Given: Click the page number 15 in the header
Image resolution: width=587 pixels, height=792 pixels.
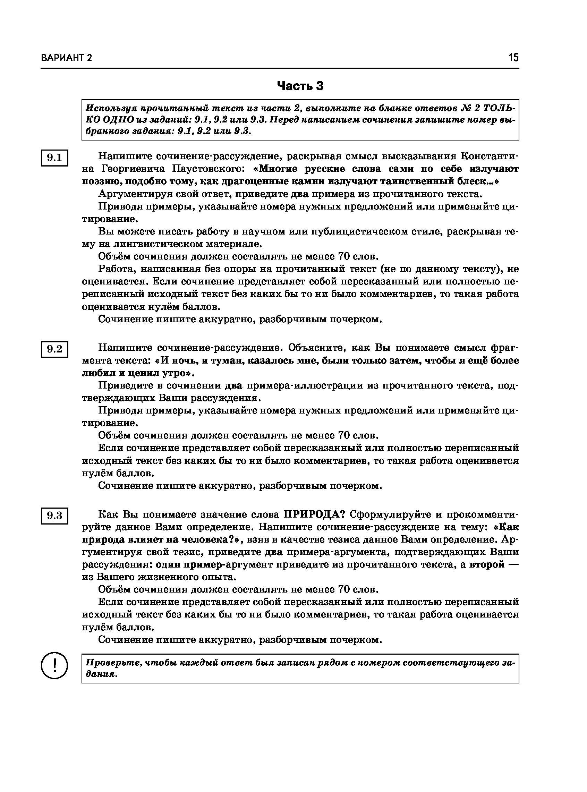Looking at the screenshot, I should [513, 57].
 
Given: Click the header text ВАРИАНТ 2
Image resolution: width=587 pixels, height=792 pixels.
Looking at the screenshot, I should [67, 58].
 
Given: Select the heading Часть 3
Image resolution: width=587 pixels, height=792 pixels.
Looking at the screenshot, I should [300, 86].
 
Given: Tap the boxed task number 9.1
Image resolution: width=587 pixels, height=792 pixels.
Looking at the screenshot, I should [54, 157].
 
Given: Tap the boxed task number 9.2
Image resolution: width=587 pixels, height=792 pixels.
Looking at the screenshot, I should [54, 349].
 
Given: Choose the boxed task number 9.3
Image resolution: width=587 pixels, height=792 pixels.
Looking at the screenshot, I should [54, 515].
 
